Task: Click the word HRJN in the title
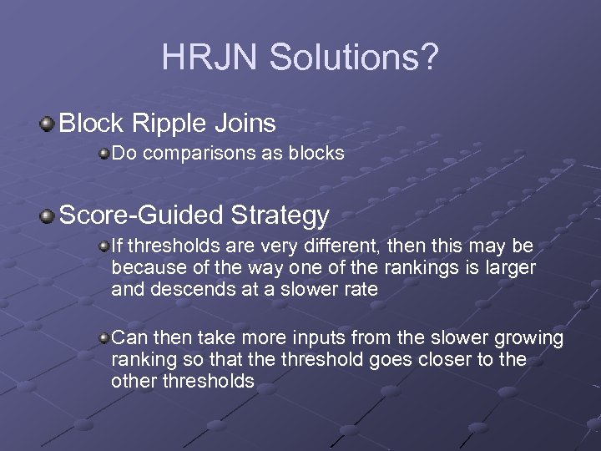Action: (203, 57)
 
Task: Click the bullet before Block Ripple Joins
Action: (48, 124)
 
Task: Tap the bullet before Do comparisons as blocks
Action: (104, 154)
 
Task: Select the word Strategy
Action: (280, 216)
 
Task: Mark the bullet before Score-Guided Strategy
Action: (48, 216)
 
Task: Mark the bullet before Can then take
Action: (104, 337)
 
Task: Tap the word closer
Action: (449, 359)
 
